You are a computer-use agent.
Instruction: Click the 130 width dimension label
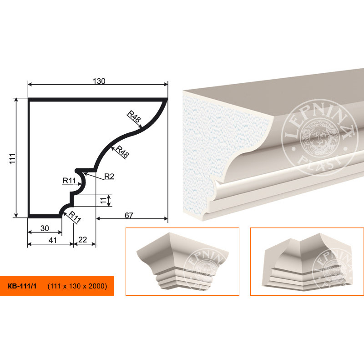(99, 81)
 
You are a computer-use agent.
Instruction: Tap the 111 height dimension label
(13, 158)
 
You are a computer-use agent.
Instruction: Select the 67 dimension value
(129, 215)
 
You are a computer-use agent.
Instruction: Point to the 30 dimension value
(45, 228)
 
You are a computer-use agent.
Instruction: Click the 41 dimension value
(53, 240)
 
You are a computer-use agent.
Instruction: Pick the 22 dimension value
(83, 239)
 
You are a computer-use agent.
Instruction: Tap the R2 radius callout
(109, 177)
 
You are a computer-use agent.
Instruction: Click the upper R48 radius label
(134, 116)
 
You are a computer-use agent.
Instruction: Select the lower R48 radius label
(122, 152)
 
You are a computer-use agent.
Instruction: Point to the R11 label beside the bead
(69, 180)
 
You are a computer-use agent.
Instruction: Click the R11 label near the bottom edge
(75, 217)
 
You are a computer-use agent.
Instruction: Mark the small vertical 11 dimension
(103, 200)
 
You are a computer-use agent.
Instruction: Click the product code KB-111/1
(22, 286)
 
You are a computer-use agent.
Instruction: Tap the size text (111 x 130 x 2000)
(77, 286)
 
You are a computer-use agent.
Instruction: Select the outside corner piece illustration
(182, 261)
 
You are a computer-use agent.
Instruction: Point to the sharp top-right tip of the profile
(167, 99)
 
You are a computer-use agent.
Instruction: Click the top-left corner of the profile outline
(28, 98)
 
